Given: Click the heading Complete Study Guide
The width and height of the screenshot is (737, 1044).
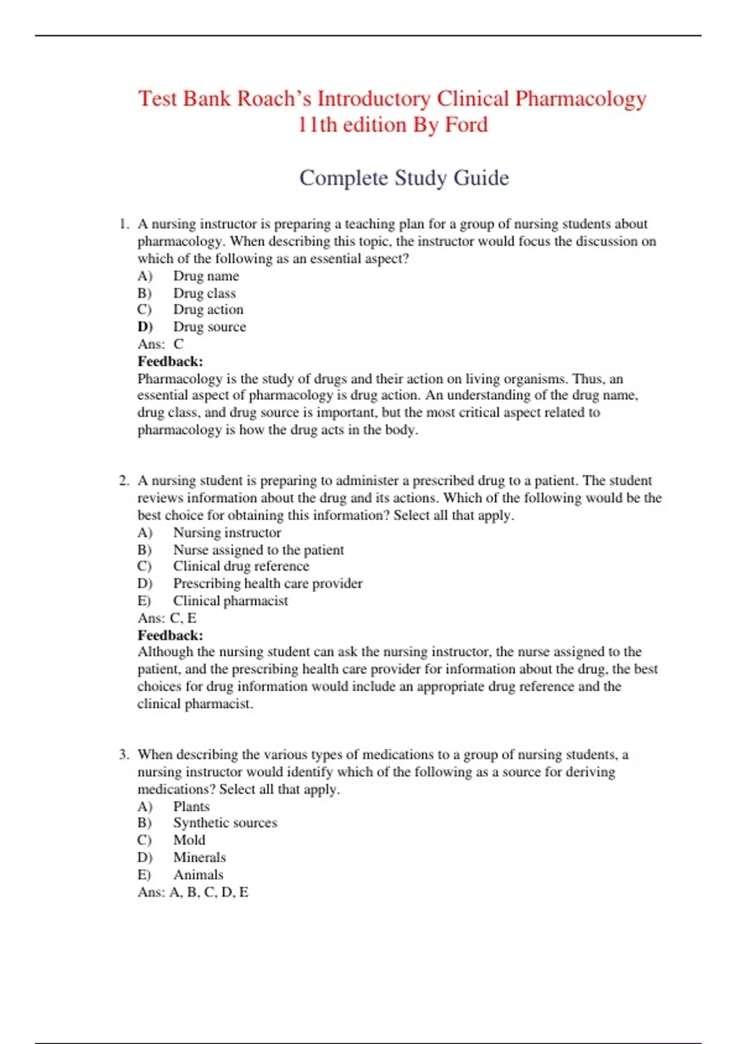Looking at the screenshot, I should point(404,178).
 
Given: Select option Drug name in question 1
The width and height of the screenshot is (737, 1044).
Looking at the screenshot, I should point(206,276).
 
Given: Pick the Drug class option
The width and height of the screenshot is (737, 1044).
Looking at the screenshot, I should point(204,294).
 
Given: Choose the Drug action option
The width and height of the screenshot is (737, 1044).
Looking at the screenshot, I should point(208,310).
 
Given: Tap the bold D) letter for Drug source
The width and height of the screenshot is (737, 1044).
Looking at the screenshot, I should point(145,327).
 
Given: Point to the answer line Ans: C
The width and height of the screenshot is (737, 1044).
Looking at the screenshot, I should point(160,345).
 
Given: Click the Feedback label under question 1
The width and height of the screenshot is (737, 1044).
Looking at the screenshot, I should point(170,362).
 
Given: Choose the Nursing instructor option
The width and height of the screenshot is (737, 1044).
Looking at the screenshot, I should point(227,533).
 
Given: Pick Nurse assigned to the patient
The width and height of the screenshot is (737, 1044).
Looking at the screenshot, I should point(258,550).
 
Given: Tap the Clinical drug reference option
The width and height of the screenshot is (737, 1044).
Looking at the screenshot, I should point(241,567).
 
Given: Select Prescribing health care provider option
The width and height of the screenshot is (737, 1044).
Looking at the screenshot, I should point(267,584).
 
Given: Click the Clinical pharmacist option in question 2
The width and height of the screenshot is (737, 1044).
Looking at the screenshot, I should point(230,601).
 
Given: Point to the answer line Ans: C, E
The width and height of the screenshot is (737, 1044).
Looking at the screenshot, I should point(167,618).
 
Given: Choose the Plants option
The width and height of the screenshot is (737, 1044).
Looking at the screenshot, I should point(191,807).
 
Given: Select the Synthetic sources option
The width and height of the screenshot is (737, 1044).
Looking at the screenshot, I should point(225,823).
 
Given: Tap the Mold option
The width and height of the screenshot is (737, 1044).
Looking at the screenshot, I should point(189,840).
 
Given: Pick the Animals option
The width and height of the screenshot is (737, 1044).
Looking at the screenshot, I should point(198,875).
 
